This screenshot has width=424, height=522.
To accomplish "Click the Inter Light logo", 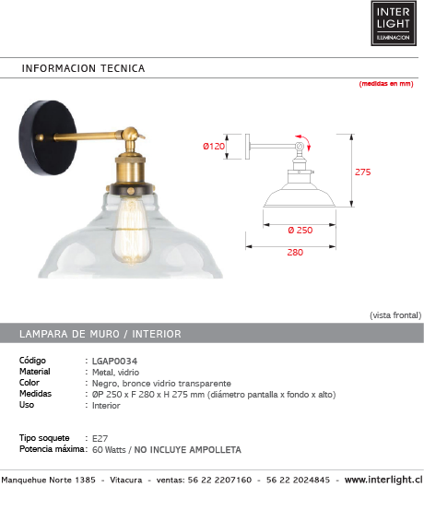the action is pos(394,23).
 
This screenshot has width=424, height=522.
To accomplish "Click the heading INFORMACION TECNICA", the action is pos(83,68).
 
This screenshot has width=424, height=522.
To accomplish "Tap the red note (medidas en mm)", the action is pos(386,84).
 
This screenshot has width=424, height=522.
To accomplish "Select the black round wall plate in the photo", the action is pos(48,137).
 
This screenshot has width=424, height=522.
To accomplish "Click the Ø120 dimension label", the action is pos(214,146).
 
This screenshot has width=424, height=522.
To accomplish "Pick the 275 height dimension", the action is pos(362,172).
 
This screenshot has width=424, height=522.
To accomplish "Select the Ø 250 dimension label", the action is pos(300,230).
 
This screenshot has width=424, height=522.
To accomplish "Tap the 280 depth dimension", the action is pos(295,253).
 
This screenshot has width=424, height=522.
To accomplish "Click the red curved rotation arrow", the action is pos(304,141).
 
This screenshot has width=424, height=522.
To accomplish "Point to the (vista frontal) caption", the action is pos(395,315).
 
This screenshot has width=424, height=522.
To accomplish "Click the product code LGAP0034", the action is pos(114,362).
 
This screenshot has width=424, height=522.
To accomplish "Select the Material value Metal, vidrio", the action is pos(115,373).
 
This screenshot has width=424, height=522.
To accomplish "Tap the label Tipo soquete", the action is pos(44,438).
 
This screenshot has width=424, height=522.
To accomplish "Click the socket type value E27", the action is pos(100,438).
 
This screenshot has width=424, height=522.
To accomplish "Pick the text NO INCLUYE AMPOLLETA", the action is pos(187,450).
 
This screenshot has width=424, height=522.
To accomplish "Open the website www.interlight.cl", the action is pos(383,480).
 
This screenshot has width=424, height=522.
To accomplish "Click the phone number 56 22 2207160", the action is pos(219,480).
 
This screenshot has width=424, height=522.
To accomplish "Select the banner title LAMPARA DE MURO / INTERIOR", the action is pos(100,334).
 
